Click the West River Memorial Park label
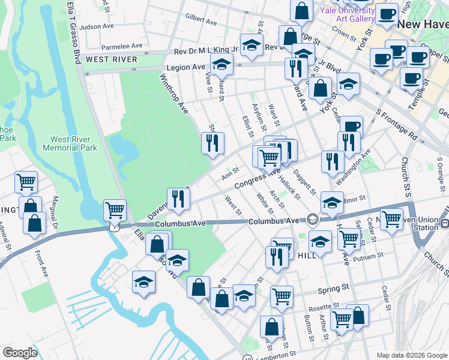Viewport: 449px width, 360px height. click(70, 143)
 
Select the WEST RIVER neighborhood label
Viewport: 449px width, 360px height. click(112, 59)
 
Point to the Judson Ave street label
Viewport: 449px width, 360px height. click(97, 26)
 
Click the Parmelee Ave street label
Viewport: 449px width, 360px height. click(122, 46)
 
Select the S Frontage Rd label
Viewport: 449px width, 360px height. click(396, 124)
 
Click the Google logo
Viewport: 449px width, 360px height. click(20, 353)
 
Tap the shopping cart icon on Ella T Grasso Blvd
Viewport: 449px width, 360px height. click(115, 211)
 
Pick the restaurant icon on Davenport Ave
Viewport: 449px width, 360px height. click(177, 199)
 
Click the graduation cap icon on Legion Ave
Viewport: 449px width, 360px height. click(222, 64)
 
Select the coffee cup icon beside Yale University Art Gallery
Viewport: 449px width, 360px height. click(387, 14)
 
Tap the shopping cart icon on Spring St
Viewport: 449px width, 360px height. click(281, 296)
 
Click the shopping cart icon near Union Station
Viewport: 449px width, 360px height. click(391, 220)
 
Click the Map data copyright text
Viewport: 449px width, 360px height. click(412, 355)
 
